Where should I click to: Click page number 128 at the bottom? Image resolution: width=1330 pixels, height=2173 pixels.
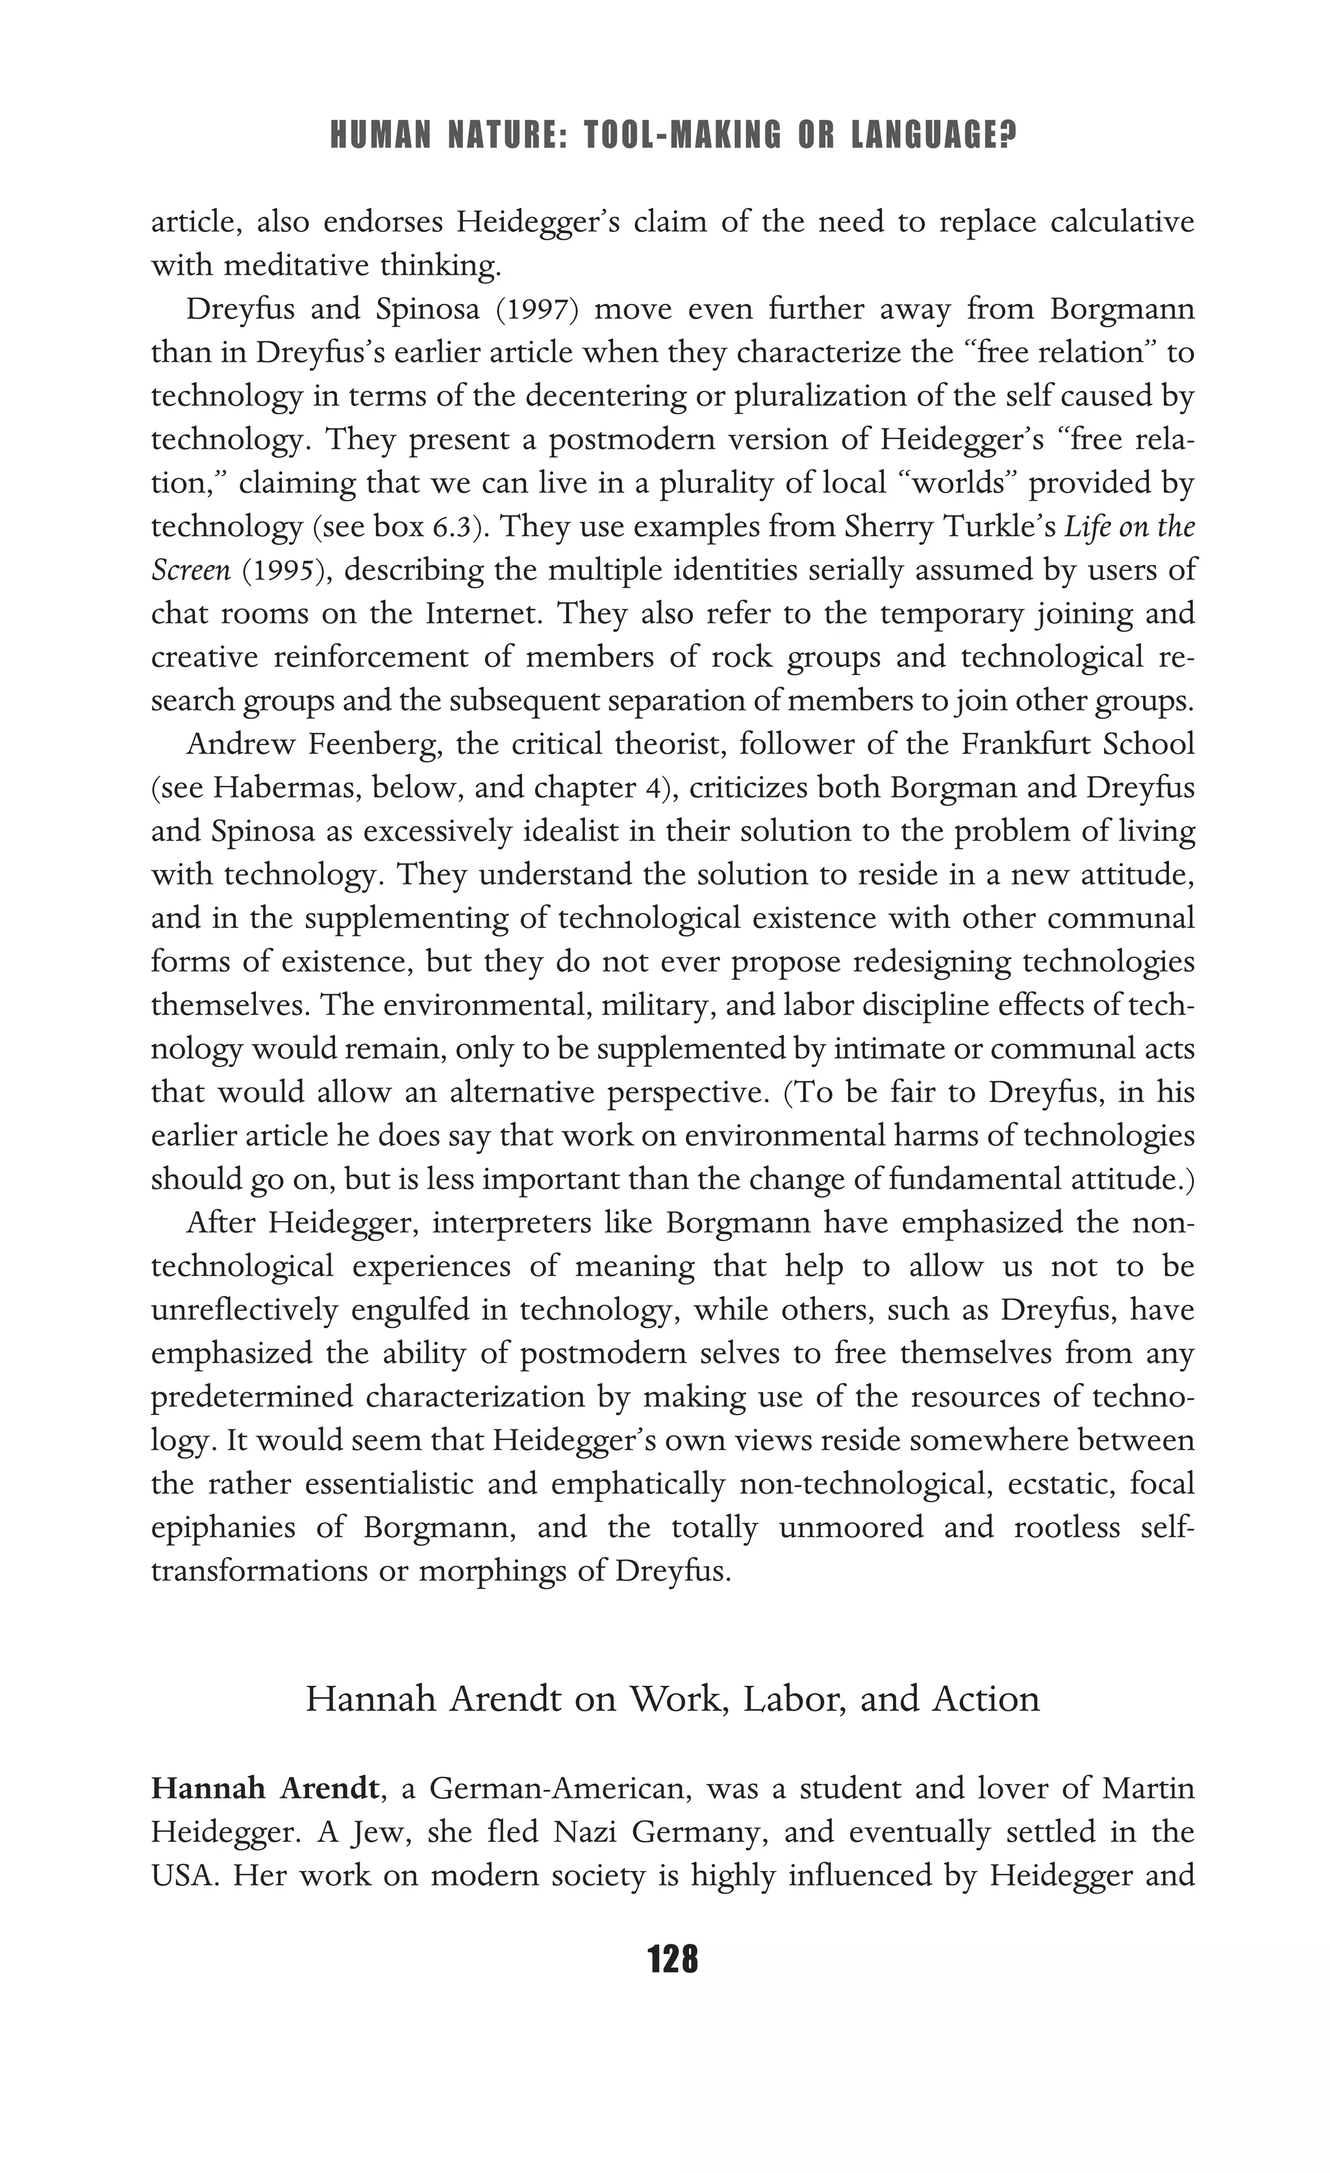click(672, 1959)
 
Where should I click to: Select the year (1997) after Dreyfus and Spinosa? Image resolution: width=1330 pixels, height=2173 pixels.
click(536, 310)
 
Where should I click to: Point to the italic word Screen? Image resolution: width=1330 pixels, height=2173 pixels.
click(190, 571)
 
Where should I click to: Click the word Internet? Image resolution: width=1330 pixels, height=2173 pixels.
click(482, 614)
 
